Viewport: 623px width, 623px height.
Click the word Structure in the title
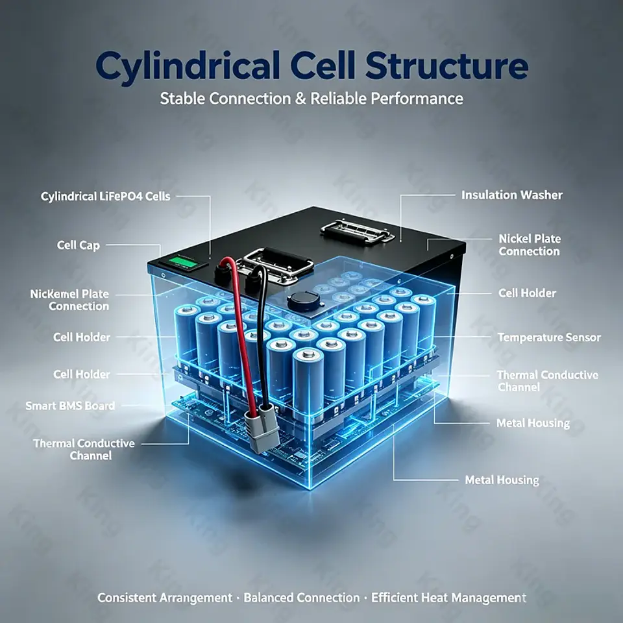[446, 66]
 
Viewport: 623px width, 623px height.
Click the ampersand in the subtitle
[300, 99]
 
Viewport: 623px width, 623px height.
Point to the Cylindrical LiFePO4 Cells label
[105, 196]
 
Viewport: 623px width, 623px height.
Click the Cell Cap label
[79, 245]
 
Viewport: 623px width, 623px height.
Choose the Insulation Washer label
[512, 195]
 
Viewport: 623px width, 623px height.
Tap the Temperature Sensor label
[549, 337]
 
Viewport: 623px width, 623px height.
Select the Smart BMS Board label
[70, 406]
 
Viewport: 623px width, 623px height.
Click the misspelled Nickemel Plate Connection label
[69, 300]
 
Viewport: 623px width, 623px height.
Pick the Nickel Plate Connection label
[530, 245]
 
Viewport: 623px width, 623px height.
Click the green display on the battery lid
[183, 262]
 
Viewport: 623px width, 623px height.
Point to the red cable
[238, 334]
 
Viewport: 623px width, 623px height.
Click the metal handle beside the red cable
[274, 264]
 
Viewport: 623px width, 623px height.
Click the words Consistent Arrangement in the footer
[165, 598]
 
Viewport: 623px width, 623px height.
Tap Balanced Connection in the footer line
[302, 598]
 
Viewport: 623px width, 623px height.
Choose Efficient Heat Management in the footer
[448, 598]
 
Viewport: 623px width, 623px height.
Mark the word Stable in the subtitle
[182, 99]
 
